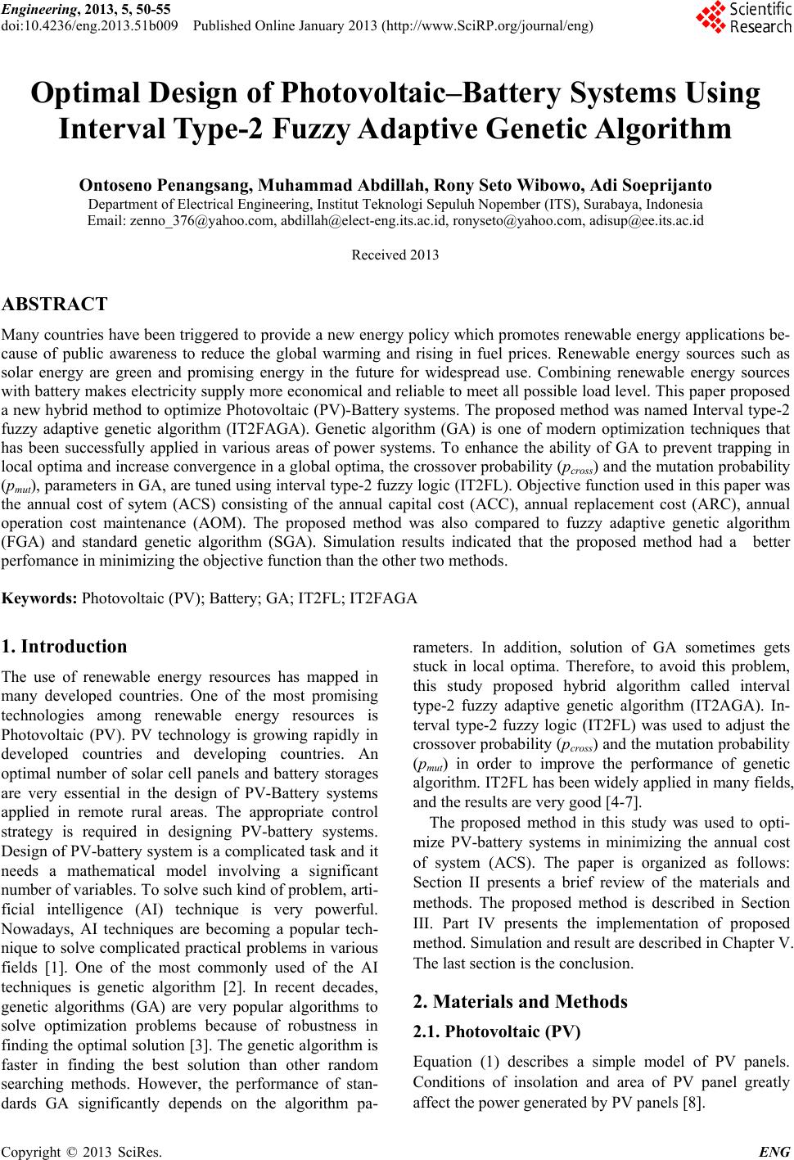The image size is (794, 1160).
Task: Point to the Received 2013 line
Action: (x=395, y=255)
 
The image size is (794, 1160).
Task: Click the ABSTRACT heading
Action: (x=55, y=305)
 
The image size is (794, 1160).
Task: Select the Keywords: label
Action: (x=40, y=598)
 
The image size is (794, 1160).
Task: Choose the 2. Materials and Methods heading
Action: (x=520, y=1001)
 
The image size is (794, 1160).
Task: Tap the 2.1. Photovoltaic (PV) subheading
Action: (x=497, y=1031)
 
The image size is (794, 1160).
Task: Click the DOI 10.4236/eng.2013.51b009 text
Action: (x=91, y=26)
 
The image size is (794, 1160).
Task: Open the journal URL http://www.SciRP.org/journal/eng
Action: (x=488, y=26)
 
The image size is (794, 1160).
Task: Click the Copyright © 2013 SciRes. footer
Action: (x=82, y=1153)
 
